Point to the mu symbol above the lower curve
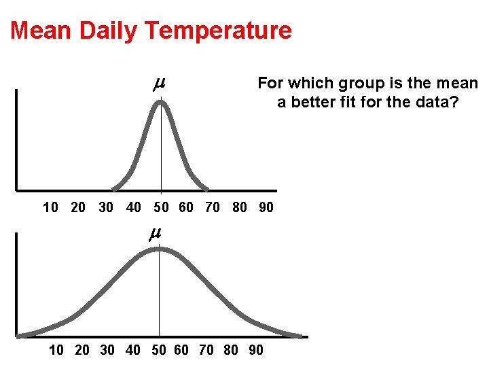coord(155,233)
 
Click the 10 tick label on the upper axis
coord(50,208)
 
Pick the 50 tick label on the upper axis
coord(162,208)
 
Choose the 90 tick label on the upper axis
coord(266,208)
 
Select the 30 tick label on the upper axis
coord(106,208)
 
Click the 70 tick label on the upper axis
coord(213,208)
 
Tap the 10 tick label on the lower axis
coord(57,351)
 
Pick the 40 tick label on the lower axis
coord(133,351)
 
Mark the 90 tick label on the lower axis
coord(256,351)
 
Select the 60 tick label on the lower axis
coord(181,351)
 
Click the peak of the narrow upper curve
coord(161,103)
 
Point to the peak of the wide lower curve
coord(159,249)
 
